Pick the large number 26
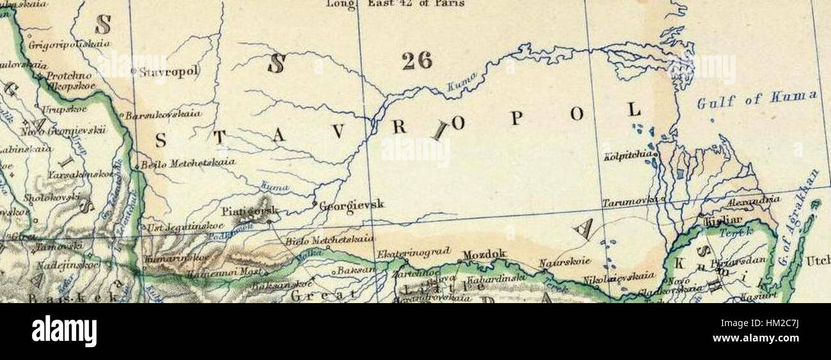[417, 61]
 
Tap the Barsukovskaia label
[164, 115]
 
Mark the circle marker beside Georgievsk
[315, 205]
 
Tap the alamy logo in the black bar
[64, 331]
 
